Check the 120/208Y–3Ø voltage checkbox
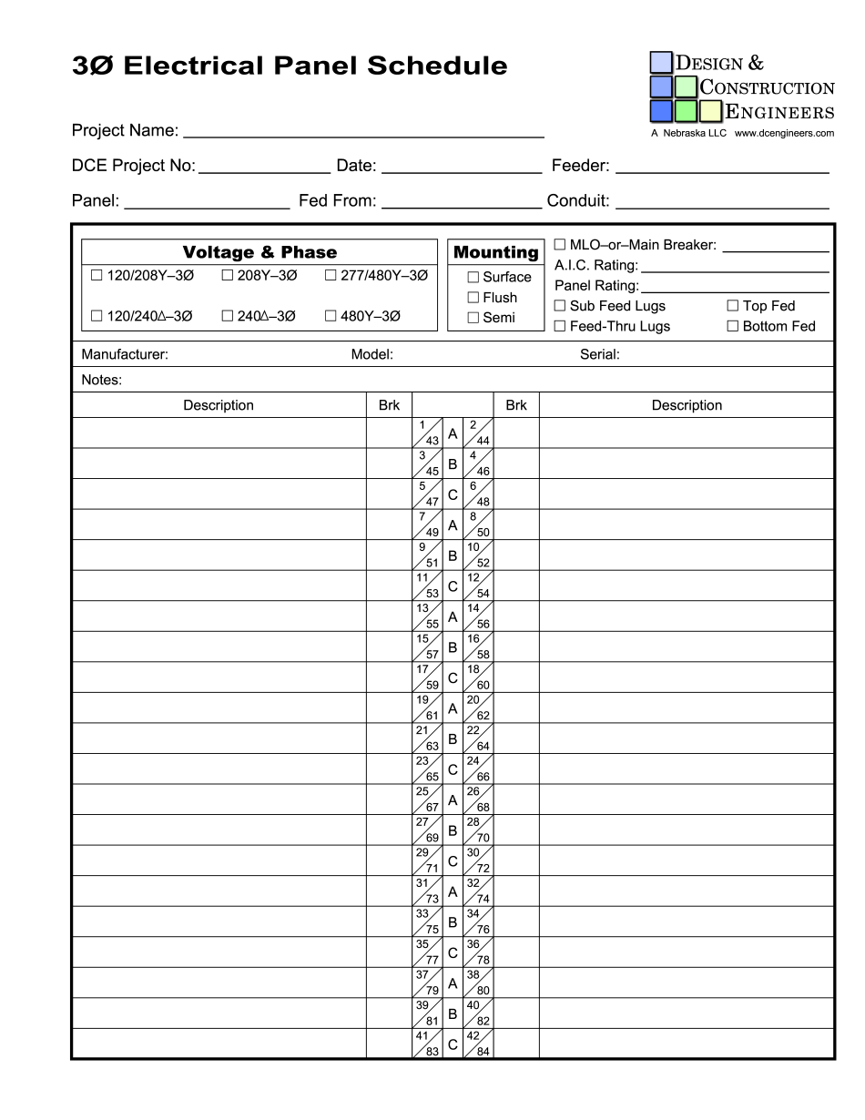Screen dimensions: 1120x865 pos(97,275)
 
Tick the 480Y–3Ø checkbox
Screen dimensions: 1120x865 pos(331,316)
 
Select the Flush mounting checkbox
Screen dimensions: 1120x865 pos(473,298)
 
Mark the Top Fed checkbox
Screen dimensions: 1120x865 pos(732,306)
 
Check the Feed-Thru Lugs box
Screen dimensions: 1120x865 pos(560,326)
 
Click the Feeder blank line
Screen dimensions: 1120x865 pos(722,167)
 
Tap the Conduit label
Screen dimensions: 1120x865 pos(578,201)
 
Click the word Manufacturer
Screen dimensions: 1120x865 pos(125,355)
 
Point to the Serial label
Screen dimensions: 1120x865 pos(599,355)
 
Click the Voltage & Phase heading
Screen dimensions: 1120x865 pos(259,252)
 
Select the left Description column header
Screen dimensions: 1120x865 pos(219,405)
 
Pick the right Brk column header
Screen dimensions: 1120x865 pos(516,405)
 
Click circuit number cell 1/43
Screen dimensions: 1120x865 pos(428,433)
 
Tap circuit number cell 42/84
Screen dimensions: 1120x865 pos(478,1044)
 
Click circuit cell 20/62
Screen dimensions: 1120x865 pos(478,708)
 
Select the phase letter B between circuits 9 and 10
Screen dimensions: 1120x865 pos(453,555)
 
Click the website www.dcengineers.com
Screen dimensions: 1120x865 pos(784,133)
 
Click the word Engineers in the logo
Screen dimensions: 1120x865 pos(779,112)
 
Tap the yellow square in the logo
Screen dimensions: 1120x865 pos(710,111)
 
